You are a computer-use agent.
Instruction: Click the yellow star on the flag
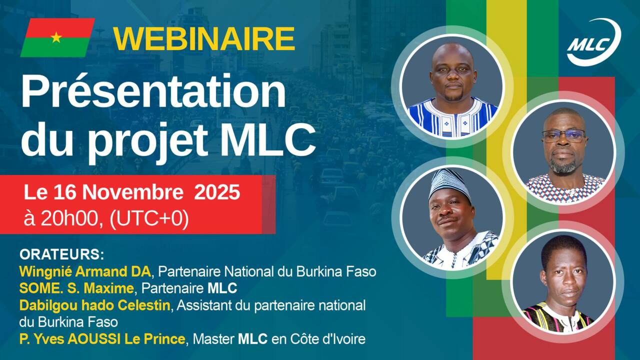point(56,37)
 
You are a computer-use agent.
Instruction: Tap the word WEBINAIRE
point(204,38)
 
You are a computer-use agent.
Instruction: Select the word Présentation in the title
point(153,92)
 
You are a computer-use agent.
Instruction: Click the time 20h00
point(70,219)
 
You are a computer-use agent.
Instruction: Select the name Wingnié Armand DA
point(85,271)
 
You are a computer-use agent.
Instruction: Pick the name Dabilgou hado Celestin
point(94,305)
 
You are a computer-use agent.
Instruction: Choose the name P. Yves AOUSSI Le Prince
point(102,339)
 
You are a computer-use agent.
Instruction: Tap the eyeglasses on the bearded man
point(563,135)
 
